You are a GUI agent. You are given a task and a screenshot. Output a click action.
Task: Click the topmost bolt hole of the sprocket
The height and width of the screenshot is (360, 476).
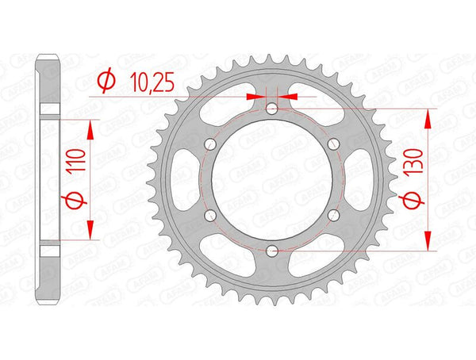click(271, 109)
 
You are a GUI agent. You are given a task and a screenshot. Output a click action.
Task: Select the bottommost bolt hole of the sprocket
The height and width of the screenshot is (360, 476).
click(271, 251)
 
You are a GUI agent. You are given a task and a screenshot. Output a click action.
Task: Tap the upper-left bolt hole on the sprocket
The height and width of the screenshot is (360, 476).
click(209, 144)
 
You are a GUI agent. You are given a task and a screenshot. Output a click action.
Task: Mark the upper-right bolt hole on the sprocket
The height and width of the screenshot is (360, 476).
click(333, 144)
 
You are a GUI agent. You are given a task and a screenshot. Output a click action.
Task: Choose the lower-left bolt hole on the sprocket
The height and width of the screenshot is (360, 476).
click(209, 215)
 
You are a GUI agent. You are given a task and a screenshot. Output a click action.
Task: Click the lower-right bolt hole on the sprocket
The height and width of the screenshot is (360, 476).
click(333, 215)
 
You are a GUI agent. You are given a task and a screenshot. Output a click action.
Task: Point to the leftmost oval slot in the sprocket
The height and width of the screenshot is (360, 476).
click(181, 180)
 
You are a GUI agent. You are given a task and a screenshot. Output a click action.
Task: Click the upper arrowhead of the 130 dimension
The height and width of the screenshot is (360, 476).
click(429, 116)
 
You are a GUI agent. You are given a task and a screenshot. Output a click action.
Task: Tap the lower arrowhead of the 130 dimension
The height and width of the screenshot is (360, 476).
click(429, 243)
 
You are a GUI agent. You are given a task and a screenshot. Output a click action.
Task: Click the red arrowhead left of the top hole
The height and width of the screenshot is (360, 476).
click(255, 97)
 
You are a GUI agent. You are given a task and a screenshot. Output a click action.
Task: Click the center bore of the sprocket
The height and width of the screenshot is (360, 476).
click(271, 180)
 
